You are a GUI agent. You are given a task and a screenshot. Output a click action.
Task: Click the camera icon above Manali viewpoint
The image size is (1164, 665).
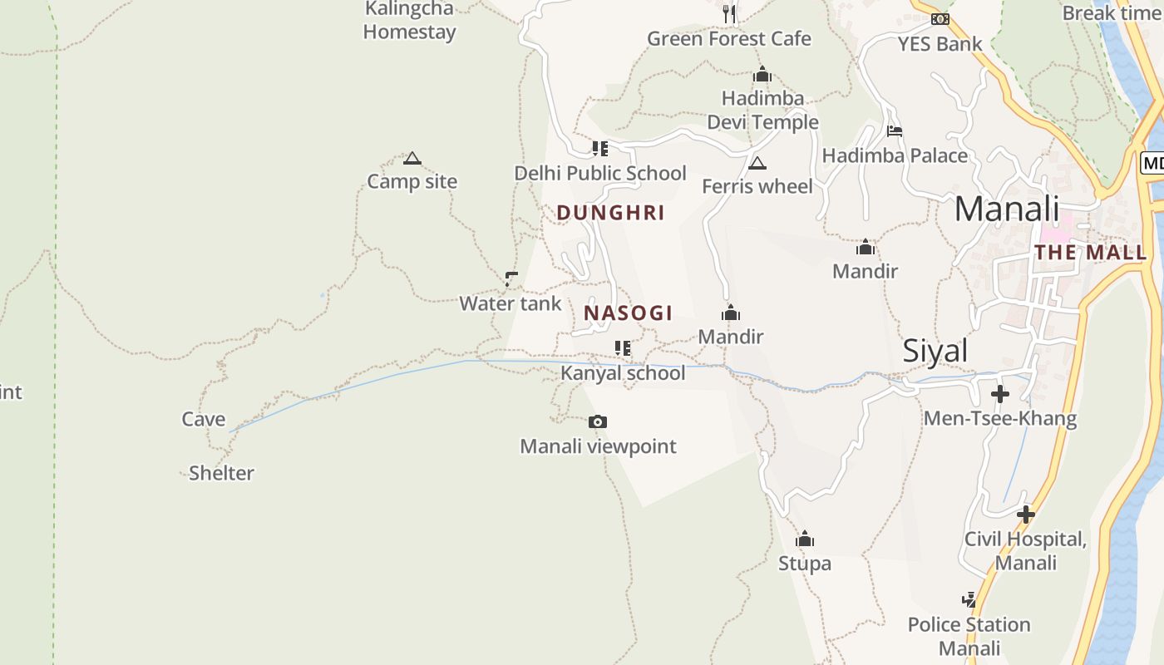coord(597,422)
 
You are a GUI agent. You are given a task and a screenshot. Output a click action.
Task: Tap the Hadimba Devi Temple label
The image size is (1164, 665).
coord(762,111)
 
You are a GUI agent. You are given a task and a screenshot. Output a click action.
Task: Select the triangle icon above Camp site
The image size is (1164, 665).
coord(412,158)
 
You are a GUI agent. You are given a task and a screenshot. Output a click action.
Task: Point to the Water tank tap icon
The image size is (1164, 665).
coord(511,279)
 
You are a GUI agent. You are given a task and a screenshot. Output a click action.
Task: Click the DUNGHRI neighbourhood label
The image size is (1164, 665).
coord(611,213)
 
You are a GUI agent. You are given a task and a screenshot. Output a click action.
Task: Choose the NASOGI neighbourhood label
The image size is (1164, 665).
coord(628,313)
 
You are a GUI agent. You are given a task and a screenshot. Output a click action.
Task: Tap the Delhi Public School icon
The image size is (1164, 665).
coord(599,149)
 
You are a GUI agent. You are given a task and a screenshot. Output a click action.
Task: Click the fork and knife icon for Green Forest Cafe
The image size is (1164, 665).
coord(729,13)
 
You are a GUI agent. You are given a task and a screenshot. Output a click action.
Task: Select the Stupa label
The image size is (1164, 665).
coord(804,564)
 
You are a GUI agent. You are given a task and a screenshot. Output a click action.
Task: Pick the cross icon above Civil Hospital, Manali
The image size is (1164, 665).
coord(1026,515)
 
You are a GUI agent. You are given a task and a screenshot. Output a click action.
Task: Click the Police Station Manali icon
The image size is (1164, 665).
coord(969,599)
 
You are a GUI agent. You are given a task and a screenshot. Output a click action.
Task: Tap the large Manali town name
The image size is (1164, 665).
coord(1007,209)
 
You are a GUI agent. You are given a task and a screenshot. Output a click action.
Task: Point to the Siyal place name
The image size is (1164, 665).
coord(935,352)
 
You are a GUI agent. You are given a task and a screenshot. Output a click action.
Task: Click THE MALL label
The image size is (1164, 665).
coord(1090,253)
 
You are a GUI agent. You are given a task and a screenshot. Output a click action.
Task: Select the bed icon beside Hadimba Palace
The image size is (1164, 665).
coord(895,131)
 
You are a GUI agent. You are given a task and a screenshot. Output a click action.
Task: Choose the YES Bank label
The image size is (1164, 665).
coord(940,44)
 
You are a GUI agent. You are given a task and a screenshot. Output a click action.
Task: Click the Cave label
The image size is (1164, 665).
coord(204,419)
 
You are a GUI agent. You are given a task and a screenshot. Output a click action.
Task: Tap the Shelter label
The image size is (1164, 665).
coord(221,473)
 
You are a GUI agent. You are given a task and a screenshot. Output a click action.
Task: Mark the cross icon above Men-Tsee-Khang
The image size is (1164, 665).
coord(1000,393)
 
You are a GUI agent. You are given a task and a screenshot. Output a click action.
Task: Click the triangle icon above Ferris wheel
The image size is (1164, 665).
coord(757,163)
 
